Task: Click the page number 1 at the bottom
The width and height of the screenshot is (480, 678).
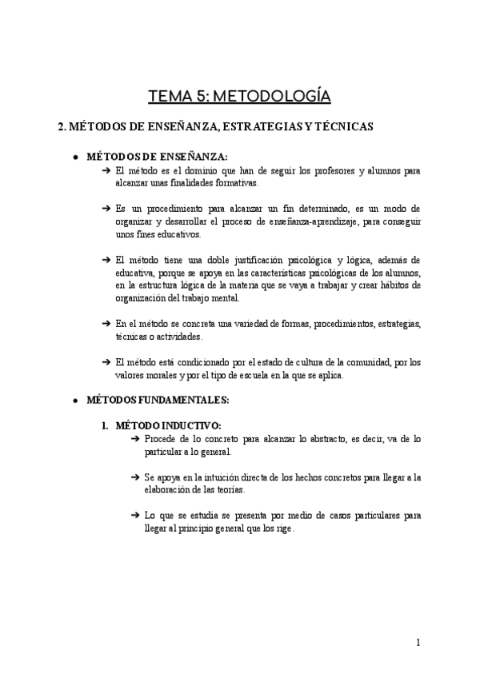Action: point(418,642)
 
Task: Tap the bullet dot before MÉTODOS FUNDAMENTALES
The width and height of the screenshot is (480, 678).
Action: point(74,400)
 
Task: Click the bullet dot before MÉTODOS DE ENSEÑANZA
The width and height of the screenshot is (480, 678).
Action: point(74,158)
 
